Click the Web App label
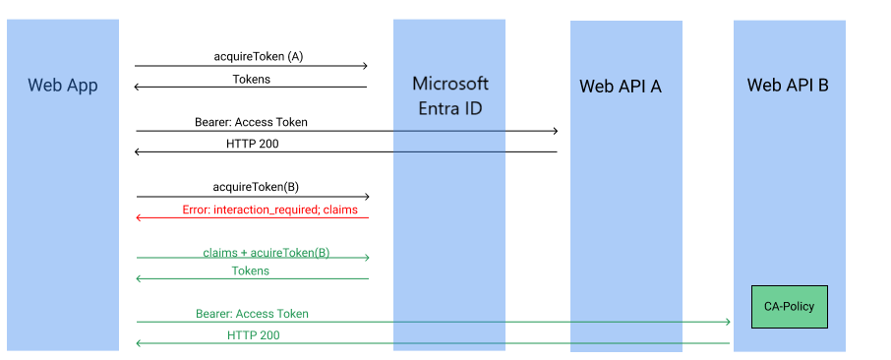click(x=63, y=86)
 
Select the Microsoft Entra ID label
click(x=449, y=95)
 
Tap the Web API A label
click(x=620, y=87)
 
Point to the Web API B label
click(x=788, y=86)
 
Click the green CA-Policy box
click(x=789, y=307)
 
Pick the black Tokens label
click(x=251, y=79)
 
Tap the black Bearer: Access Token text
click(x=251, y=122)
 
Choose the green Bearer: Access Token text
click(x=252, y=314)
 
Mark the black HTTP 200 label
click(x=253, y=143)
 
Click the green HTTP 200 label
click(x=253, y=335)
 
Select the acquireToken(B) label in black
click(x=256, y=186)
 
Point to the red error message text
click(x=269, y=210)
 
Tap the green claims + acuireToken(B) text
click(x=266, y=252)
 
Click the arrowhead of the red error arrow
click(x=139, y=217)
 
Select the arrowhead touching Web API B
click(x=727, y=322)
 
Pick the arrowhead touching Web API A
click(x=555, y=131)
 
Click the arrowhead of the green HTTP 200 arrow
click(x=139, y=343)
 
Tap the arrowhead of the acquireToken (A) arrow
click(x=364, y=66)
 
